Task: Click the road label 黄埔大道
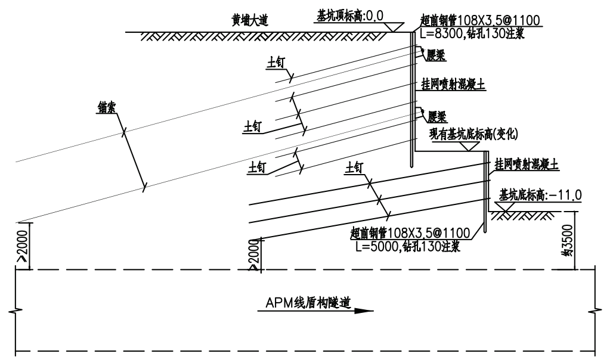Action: point(250,21)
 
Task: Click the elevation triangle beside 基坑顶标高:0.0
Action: point(393,27)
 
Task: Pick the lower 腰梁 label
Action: point(438,115)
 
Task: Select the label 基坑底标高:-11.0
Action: point(540,195)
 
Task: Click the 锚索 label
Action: point(107,107)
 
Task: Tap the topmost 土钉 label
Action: point(277,66)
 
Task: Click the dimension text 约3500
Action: point(569,241)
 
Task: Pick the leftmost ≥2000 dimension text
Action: point(23,245)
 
